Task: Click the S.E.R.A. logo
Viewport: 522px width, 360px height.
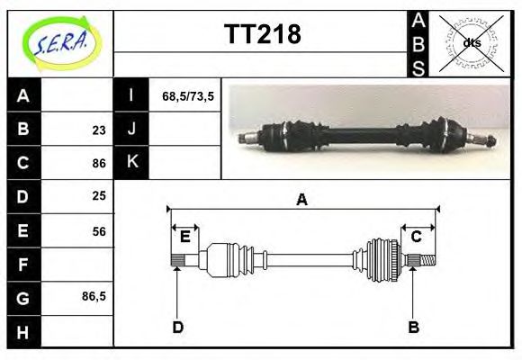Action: [x=59, y=42]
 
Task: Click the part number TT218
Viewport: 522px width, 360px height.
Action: [x=262, y=34]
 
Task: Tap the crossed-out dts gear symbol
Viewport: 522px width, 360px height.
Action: [x=472, y=42]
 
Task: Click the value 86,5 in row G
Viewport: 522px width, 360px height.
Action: [x=94, y=295]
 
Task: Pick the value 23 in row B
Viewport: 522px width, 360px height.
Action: [x=99, y=129]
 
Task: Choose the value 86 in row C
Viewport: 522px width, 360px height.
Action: [x=99, y=163]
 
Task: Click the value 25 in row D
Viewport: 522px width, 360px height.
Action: [x=99, y=195]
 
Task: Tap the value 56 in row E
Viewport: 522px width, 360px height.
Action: [x=99, y=230]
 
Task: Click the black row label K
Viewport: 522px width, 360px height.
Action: [x=131, y=162]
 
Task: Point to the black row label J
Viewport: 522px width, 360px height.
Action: [x=131, y=129]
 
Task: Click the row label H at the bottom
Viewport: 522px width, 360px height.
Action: [x=23, y=331]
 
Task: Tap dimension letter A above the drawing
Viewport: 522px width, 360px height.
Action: [x=302, y=200]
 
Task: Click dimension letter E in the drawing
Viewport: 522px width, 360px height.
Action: [x=185, y=237]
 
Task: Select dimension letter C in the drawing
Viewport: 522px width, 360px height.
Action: [x=417, y=237]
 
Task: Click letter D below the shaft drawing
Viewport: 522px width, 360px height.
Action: [x=177, y=327]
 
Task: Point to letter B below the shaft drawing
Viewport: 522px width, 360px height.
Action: [x=414, y=327]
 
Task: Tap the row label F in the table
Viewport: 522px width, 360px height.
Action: [x=23, y=264]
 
